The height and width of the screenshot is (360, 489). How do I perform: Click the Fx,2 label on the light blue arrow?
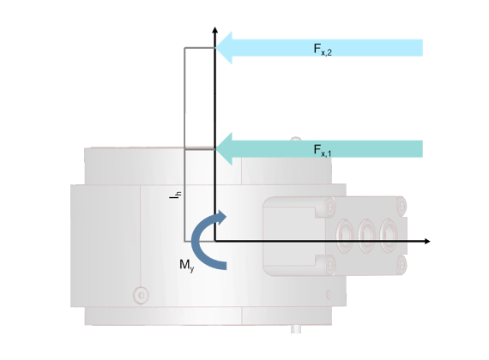(x=323, y=50)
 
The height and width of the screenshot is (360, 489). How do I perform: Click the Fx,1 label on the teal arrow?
(x=323, y=151)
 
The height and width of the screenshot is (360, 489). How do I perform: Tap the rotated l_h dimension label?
(x=175, y=195)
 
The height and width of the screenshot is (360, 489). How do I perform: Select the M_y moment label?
(x=187, y=266)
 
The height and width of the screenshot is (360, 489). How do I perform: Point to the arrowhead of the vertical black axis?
(x=214, y=30)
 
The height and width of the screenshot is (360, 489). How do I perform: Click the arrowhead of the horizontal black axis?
(x=427, y=241)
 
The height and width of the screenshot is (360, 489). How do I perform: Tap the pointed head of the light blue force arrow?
(x=224, y=48)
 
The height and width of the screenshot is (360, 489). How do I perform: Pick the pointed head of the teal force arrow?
(x=224, y=148)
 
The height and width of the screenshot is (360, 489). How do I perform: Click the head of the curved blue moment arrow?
(x=220, y=217)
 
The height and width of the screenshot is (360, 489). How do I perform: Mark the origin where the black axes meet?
(x=214, y=241)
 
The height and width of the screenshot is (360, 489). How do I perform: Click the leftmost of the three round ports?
(x=345, y=236)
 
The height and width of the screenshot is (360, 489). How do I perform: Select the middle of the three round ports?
(x=367, y=236)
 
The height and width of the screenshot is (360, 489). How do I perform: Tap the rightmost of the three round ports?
(x=389, y=236)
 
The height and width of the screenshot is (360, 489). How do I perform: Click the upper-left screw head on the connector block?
(x=329, y=206)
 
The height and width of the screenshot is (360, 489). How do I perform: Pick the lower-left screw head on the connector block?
(x=329, y=265)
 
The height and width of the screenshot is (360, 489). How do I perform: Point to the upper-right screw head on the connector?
(x=401, y=206)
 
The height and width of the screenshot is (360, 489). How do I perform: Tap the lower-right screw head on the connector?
(x=401, y=265)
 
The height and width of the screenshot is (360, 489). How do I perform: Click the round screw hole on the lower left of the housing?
(x=141, y=295)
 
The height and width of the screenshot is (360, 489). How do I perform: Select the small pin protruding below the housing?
(x=296, y=329)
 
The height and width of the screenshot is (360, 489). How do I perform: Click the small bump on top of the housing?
(x=296, y=139)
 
